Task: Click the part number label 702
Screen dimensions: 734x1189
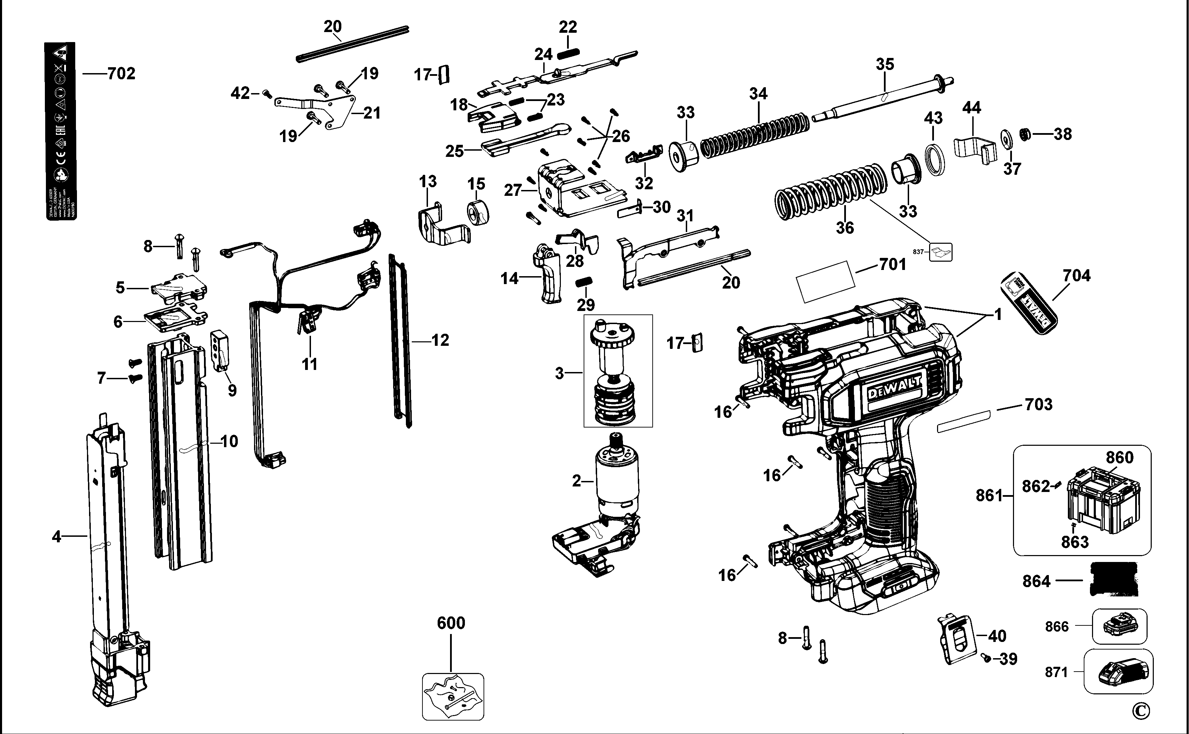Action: coord(121,74)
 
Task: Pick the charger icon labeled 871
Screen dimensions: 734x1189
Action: coord(1122,672)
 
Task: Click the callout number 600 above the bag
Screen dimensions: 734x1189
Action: coord(451,623)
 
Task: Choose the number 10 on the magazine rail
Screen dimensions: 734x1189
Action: coord(230,441)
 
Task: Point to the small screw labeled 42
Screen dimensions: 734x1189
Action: coord(267,94)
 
